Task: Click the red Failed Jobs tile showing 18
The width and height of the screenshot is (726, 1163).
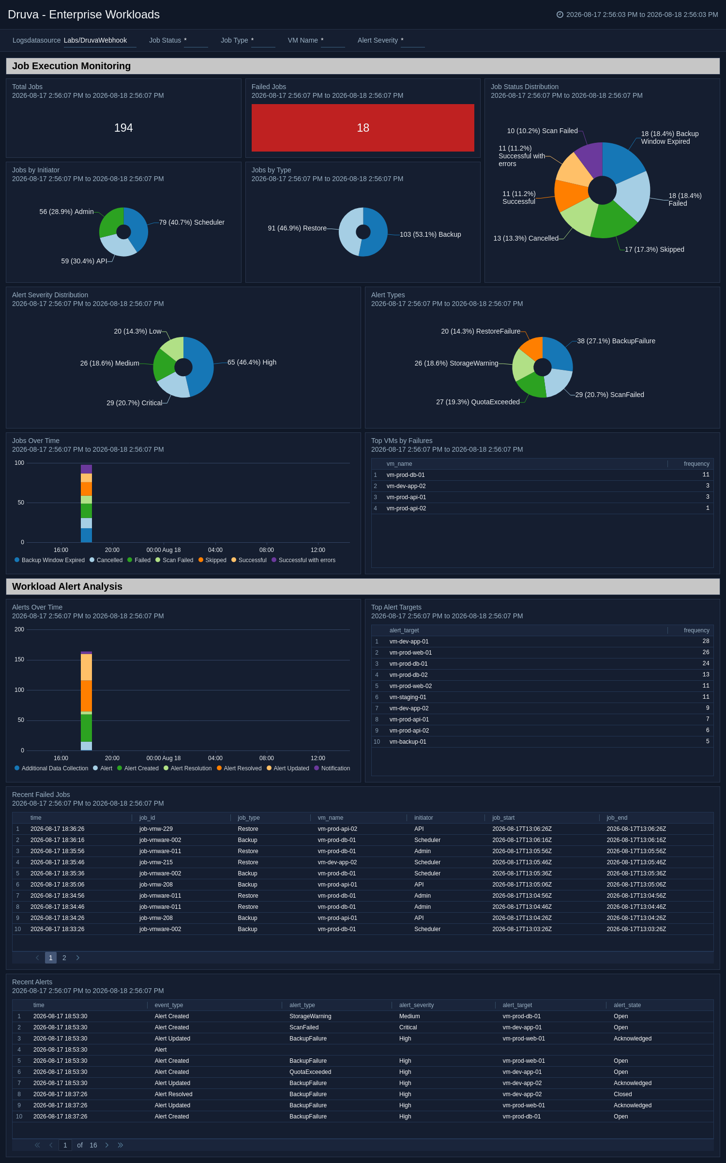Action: point(363,128)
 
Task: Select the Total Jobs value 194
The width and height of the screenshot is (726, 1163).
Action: point(123,128)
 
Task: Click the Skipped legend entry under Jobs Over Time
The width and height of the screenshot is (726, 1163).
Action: point(212,560)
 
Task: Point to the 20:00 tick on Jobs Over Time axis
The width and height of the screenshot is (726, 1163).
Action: point(112,550)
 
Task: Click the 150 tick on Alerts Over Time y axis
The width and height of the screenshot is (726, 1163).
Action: point(19,659)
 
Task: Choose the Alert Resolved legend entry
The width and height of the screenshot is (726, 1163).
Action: point(239,768)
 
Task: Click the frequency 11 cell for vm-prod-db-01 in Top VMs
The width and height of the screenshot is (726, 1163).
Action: point(706,475)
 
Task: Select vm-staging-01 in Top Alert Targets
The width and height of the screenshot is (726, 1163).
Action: point(408,697)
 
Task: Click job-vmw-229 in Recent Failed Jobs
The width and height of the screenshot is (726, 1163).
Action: point(156,829)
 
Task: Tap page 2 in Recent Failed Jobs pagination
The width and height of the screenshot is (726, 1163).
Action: point(64,958)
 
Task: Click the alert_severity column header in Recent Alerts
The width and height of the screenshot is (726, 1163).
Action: point(416,1005)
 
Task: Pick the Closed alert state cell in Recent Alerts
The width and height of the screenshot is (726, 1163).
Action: point(623,1094)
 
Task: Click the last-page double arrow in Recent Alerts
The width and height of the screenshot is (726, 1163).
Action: point(121,1145)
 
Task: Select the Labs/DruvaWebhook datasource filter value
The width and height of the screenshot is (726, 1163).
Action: point(95,40)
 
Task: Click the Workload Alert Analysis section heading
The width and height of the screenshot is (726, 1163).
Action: point(67,586)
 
